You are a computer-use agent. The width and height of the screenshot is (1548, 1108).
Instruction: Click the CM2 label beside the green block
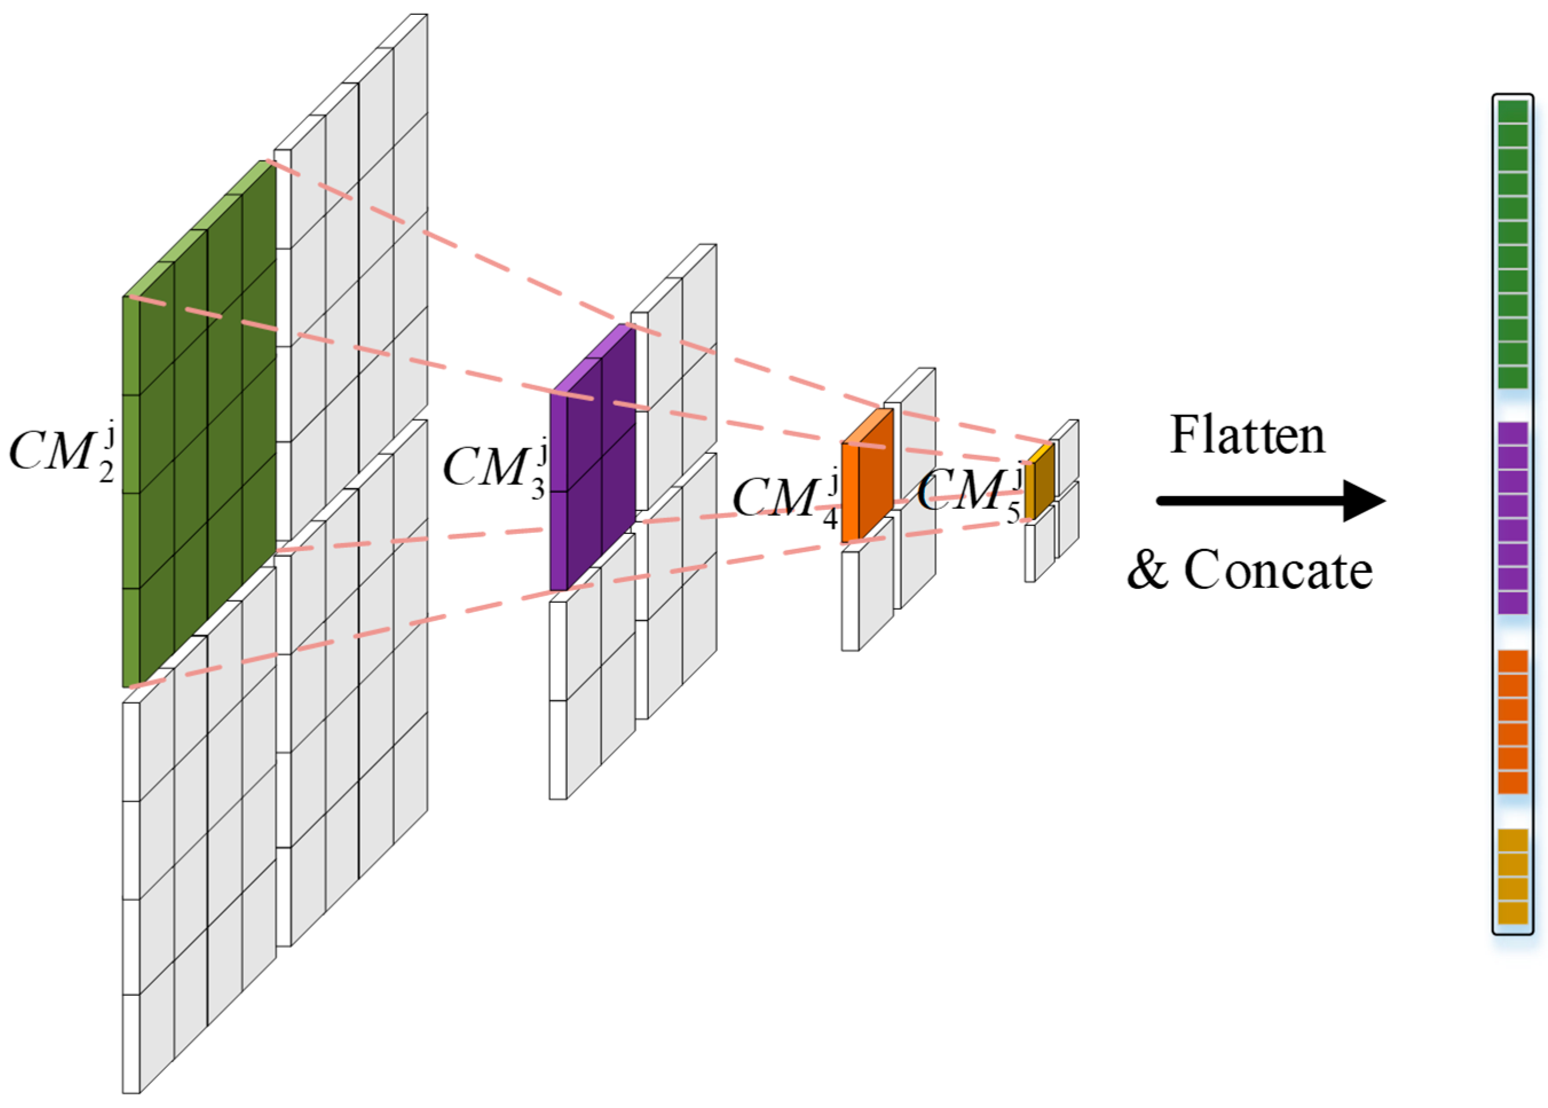tap(61, 453)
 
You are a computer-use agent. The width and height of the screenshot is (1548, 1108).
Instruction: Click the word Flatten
tap(1247, 437)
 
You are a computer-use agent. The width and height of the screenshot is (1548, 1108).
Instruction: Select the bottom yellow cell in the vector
tap(1513, 912)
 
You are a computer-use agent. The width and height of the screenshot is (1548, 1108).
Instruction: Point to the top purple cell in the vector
tap(1513, 433)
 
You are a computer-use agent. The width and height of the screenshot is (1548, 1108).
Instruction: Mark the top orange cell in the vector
tap(1513, 661)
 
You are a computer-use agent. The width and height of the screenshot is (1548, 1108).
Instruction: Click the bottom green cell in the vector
tap(1513, 377)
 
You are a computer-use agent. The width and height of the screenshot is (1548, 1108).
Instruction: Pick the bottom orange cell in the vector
tap(1513, 782)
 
